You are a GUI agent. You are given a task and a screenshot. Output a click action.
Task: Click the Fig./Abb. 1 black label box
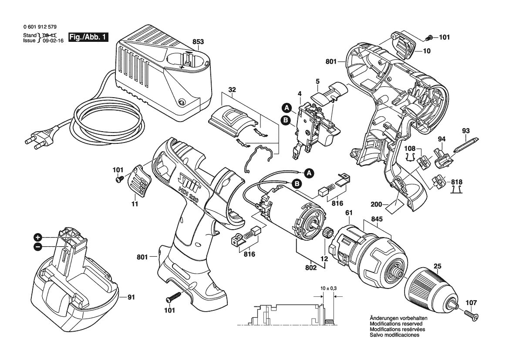[88, 37]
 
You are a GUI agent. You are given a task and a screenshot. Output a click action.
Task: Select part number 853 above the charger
[198, 41]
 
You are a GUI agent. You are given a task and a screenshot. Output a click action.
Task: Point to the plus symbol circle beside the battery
[38, 237]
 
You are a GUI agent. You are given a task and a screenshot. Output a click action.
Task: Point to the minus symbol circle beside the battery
[38, 247]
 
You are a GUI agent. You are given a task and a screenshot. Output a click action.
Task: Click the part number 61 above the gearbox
[349, 213]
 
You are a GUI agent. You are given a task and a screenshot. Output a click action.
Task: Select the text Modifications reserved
[396, 324]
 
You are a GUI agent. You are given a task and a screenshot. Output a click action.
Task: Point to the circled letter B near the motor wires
[297, 184]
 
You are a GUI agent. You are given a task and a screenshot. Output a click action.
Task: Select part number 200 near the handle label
[377, 205]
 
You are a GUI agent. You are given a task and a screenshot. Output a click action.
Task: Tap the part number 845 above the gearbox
[377, 219]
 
